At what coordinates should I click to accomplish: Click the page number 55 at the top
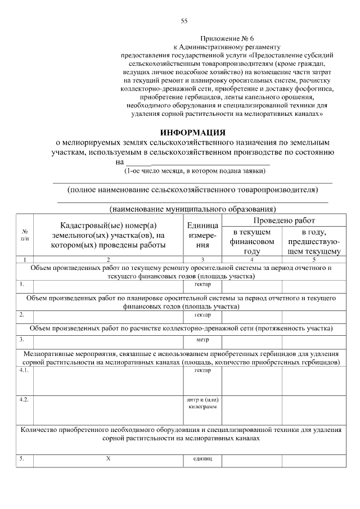184,21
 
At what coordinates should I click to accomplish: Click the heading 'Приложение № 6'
223,39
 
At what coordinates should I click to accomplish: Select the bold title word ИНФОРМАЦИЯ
192,133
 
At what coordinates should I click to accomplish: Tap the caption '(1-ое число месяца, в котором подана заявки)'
195,170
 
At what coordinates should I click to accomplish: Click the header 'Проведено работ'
283,220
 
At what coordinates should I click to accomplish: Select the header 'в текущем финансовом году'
252,241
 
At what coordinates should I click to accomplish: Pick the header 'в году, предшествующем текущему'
313,241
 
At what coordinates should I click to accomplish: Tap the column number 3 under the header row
202,259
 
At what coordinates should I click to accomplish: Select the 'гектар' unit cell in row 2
202,314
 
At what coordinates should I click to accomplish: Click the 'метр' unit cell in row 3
202,340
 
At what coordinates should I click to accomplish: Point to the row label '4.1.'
23,371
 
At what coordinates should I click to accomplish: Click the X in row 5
109,459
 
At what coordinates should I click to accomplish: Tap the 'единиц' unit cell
202,460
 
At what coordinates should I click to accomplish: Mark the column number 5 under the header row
313,259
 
